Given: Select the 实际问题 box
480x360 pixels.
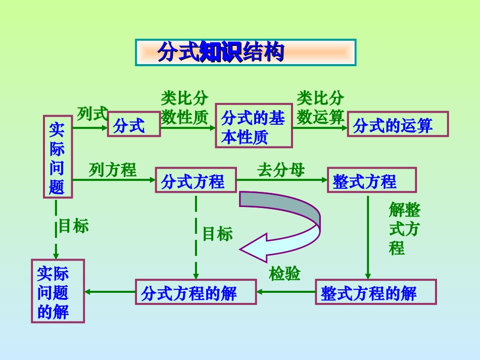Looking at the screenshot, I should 57,158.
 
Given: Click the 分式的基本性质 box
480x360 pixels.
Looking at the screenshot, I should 254,126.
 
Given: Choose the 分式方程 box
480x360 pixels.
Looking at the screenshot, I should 196,180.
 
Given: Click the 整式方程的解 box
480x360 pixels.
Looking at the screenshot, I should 375,292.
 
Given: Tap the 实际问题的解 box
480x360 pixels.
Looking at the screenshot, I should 58,291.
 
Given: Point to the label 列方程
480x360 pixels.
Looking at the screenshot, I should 113,170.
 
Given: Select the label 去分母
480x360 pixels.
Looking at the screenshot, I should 281,170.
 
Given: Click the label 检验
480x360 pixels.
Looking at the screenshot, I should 285,274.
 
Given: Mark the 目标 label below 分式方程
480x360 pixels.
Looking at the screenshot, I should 218,233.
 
